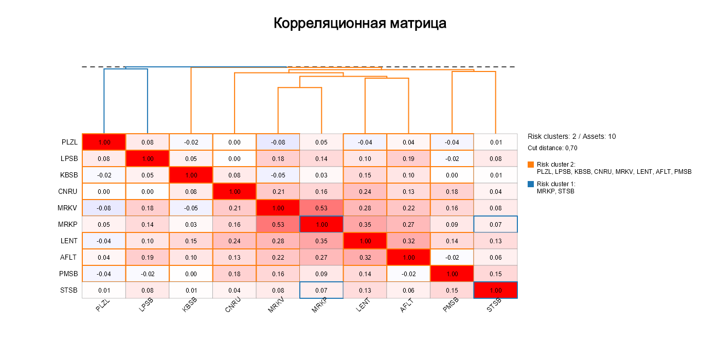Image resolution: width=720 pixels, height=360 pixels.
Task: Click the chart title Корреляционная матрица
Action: [x=359, y=24]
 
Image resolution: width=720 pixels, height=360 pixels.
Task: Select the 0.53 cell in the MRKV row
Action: [x=321, y=208]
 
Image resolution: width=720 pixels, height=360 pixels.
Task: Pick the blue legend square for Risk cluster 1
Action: [x=531, y=184]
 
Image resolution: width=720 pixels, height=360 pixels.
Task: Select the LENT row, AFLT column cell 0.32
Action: [x=408, y=241]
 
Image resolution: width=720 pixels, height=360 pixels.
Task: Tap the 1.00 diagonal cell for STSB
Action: [x=495, y=290]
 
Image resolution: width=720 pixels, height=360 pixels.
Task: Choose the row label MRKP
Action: [x=67, y=224]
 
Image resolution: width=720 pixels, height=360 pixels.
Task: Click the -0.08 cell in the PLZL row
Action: [x=278, y=142]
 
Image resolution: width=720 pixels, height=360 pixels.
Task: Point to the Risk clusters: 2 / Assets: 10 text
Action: [x=571, y=137]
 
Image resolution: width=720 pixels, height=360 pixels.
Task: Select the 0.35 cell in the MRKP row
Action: [x=365, y=224]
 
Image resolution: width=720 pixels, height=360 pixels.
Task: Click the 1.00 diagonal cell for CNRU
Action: [x=235, y=191]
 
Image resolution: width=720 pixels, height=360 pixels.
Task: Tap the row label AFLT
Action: [x=68, y=257]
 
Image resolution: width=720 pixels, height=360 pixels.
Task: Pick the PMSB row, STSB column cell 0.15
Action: [x=495, y=274]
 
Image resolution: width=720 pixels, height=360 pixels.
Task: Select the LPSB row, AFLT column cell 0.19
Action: [x=408, y=158]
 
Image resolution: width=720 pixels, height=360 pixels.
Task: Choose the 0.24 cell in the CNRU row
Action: [x=365, y=191]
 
